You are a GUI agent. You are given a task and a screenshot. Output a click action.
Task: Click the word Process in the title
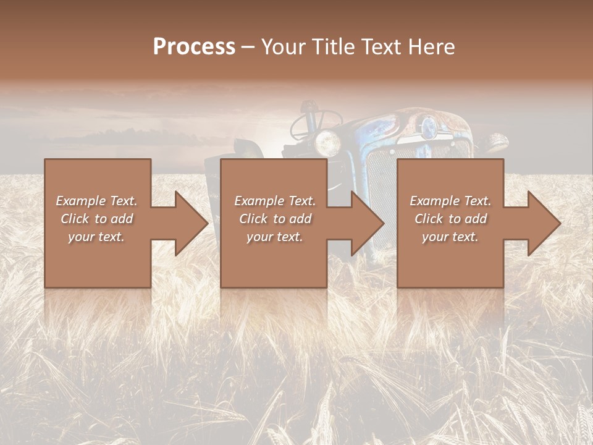coord(194,47)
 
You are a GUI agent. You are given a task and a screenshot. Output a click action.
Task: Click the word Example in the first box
coord(80,201)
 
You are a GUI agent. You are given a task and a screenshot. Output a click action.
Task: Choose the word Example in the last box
coord(434,201)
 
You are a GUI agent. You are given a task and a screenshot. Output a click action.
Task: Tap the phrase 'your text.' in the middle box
coord(275,237)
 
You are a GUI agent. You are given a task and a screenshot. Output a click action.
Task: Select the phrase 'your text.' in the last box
coord(450,237)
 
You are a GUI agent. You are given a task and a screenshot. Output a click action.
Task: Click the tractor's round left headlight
coord(327,143)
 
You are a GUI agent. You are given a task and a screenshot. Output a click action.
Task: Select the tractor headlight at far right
coord(495,143)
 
